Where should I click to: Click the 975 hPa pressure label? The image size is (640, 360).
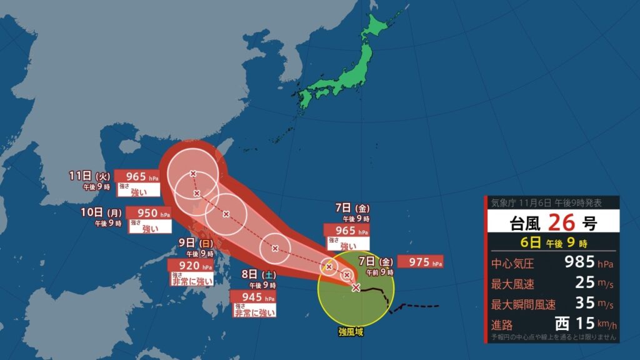pos(420,262)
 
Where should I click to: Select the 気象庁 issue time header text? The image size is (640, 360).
pos(546,202)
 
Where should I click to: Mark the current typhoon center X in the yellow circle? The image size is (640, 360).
pos(356,287)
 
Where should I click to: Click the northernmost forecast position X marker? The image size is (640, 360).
pos(193,173)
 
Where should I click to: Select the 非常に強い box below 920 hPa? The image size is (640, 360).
pos(191,281)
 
